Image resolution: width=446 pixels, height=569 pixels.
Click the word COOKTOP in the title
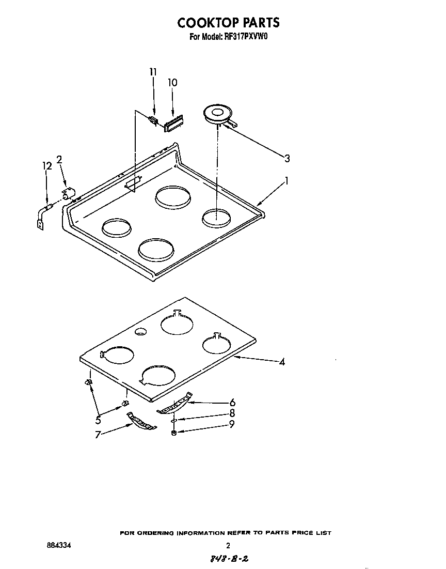click(203, 22)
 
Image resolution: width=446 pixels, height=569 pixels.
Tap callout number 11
click(152, 72)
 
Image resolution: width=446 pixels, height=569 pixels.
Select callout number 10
click(172, 83)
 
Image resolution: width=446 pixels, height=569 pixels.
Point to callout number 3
click(287, 159)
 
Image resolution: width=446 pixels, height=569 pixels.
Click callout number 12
click(47, 166)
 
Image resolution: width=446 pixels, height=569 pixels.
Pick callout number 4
click(282, 362)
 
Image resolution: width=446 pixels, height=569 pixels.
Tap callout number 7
click(97, 434)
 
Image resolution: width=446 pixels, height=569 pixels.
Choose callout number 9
click(232, 424)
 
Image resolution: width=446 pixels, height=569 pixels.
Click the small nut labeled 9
click(174, 432)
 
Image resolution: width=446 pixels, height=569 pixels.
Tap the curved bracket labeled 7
click(141, 421)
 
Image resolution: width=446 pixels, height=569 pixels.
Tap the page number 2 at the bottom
click(228, 545)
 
